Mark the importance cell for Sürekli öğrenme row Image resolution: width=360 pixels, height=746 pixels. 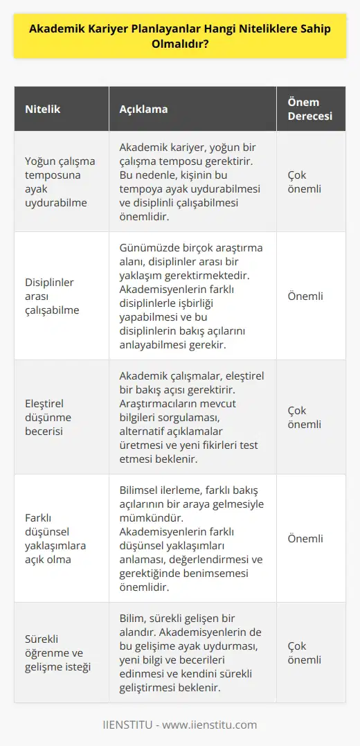click(x=305, y=654)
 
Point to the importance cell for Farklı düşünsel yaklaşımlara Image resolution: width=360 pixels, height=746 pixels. click(x=305, y=538)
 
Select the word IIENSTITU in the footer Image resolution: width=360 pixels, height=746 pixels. click(x=130, y=725)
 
